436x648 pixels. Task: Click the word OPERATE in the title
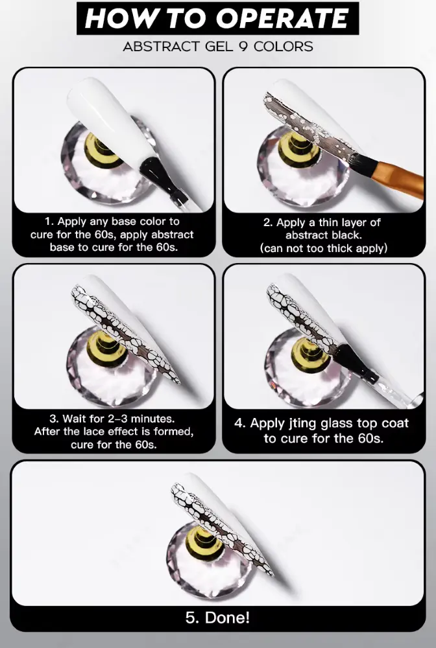tap(282, 19)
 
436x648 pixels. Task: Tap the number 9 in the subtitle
tap(243, 46)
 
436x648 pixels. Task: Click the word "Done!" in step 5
tap(227, 618)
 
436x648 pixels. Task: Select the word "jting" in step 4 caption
tap(302, 424)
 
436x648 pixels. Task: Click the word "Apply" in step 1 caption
tap(71, 222)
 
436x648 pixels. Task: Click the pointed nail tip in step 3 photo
tap(178, 382)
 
